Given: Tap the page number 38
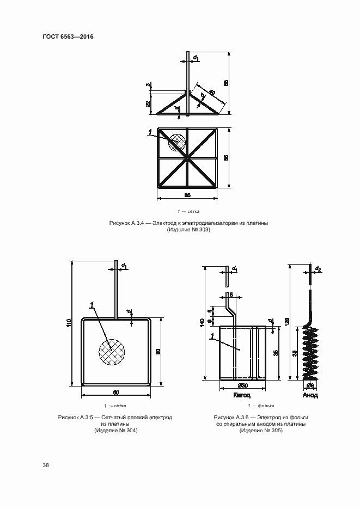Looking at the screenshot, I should click(46, 465).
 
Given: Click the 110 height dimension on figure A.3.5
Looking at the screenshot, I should click(69, 322).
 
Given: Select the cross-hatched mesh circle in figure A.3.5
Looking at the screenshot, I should click(111, 351).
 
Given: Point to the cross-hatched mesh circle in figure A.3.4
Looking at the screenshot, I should click(176, 143).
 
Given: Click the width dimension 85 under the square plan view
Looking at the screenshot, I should click(187, 195).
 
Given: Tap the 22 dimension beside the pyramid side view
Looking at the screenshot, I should click(148, 103).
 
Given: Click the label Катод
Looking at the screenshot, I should click(242, 395).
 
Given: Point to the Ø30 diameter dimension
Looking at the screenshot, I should click(242, 385).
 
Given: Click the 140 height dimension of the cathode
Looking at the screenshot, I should click(202, 322).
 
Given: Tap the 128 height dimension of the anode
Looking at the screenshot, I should click(287, 322).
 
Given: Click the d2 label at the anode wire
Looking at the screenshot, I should click(318, 268).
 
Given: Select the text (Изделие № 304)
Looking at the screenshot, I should click(115, 431).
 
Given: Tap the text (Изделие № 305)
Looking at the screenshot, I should click(260, 431).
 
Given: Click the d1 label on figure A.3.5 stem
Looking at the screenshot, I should click(125, 266).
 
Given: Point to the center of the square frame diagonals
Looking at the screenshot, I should click(187, 158).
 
